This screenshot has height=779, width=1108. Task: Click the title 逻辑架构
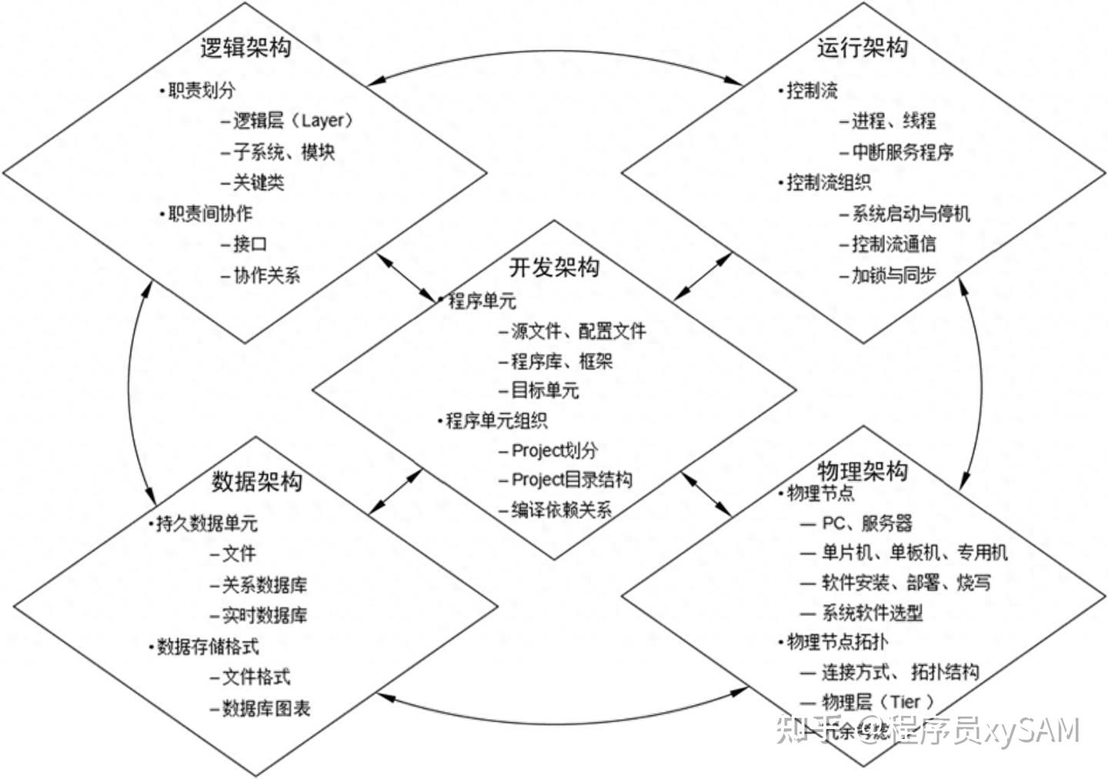(245, 48)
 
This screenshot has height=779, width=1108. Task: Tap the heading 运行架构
(862, 48)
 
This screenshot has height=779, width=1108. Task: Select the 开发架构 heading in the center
(553, 267)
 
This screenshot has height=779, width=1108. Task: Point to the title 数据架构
(257, 482)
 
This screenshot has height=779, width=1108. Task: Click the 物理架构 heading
(862, 470)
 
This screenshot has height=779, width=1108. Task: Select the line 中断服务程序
(902, 152)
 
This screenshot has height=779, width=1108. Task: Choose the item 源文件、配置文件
(578, 331)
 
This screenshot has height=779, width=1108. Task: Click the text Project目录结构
(572, 480)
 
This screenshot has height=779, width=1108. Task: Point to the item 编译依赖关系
(561, 510)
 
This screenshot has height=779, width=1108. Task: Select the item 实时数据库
(264, 616)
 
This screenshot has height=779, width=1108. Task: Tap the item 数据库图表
(265, 708)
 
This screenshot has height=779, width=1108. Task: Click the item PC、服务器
(866, 523)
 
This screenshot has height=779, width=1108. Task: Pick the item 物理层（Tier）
(877, 701)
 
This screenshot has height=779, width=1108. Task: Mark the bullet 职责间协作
(210, 213)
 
